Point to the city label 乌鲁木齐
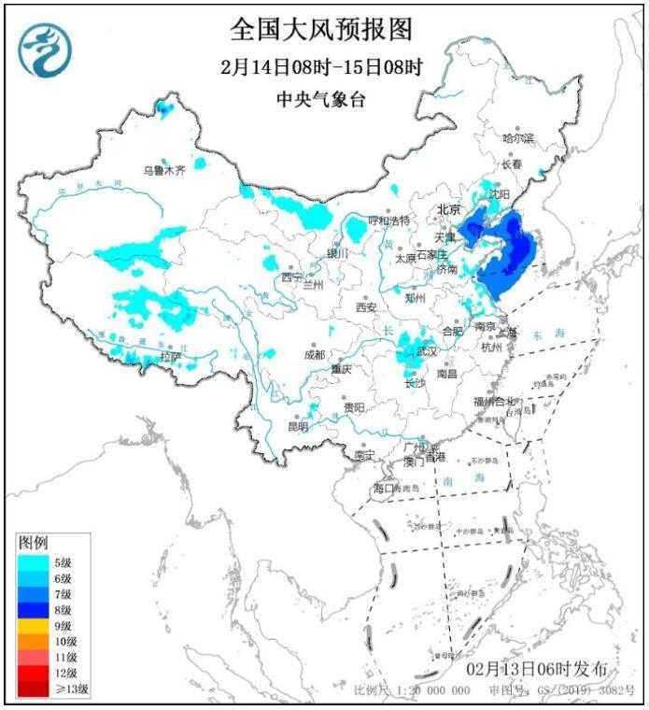pos(163,170)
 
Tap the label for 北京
pos(451,210)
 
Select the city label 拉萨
pos(169,357)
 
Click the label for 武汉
pos(427,352)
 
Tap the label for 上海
pos(508,331)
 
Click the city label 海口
pos(384,489)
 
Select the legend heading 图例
pos(34,542)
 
